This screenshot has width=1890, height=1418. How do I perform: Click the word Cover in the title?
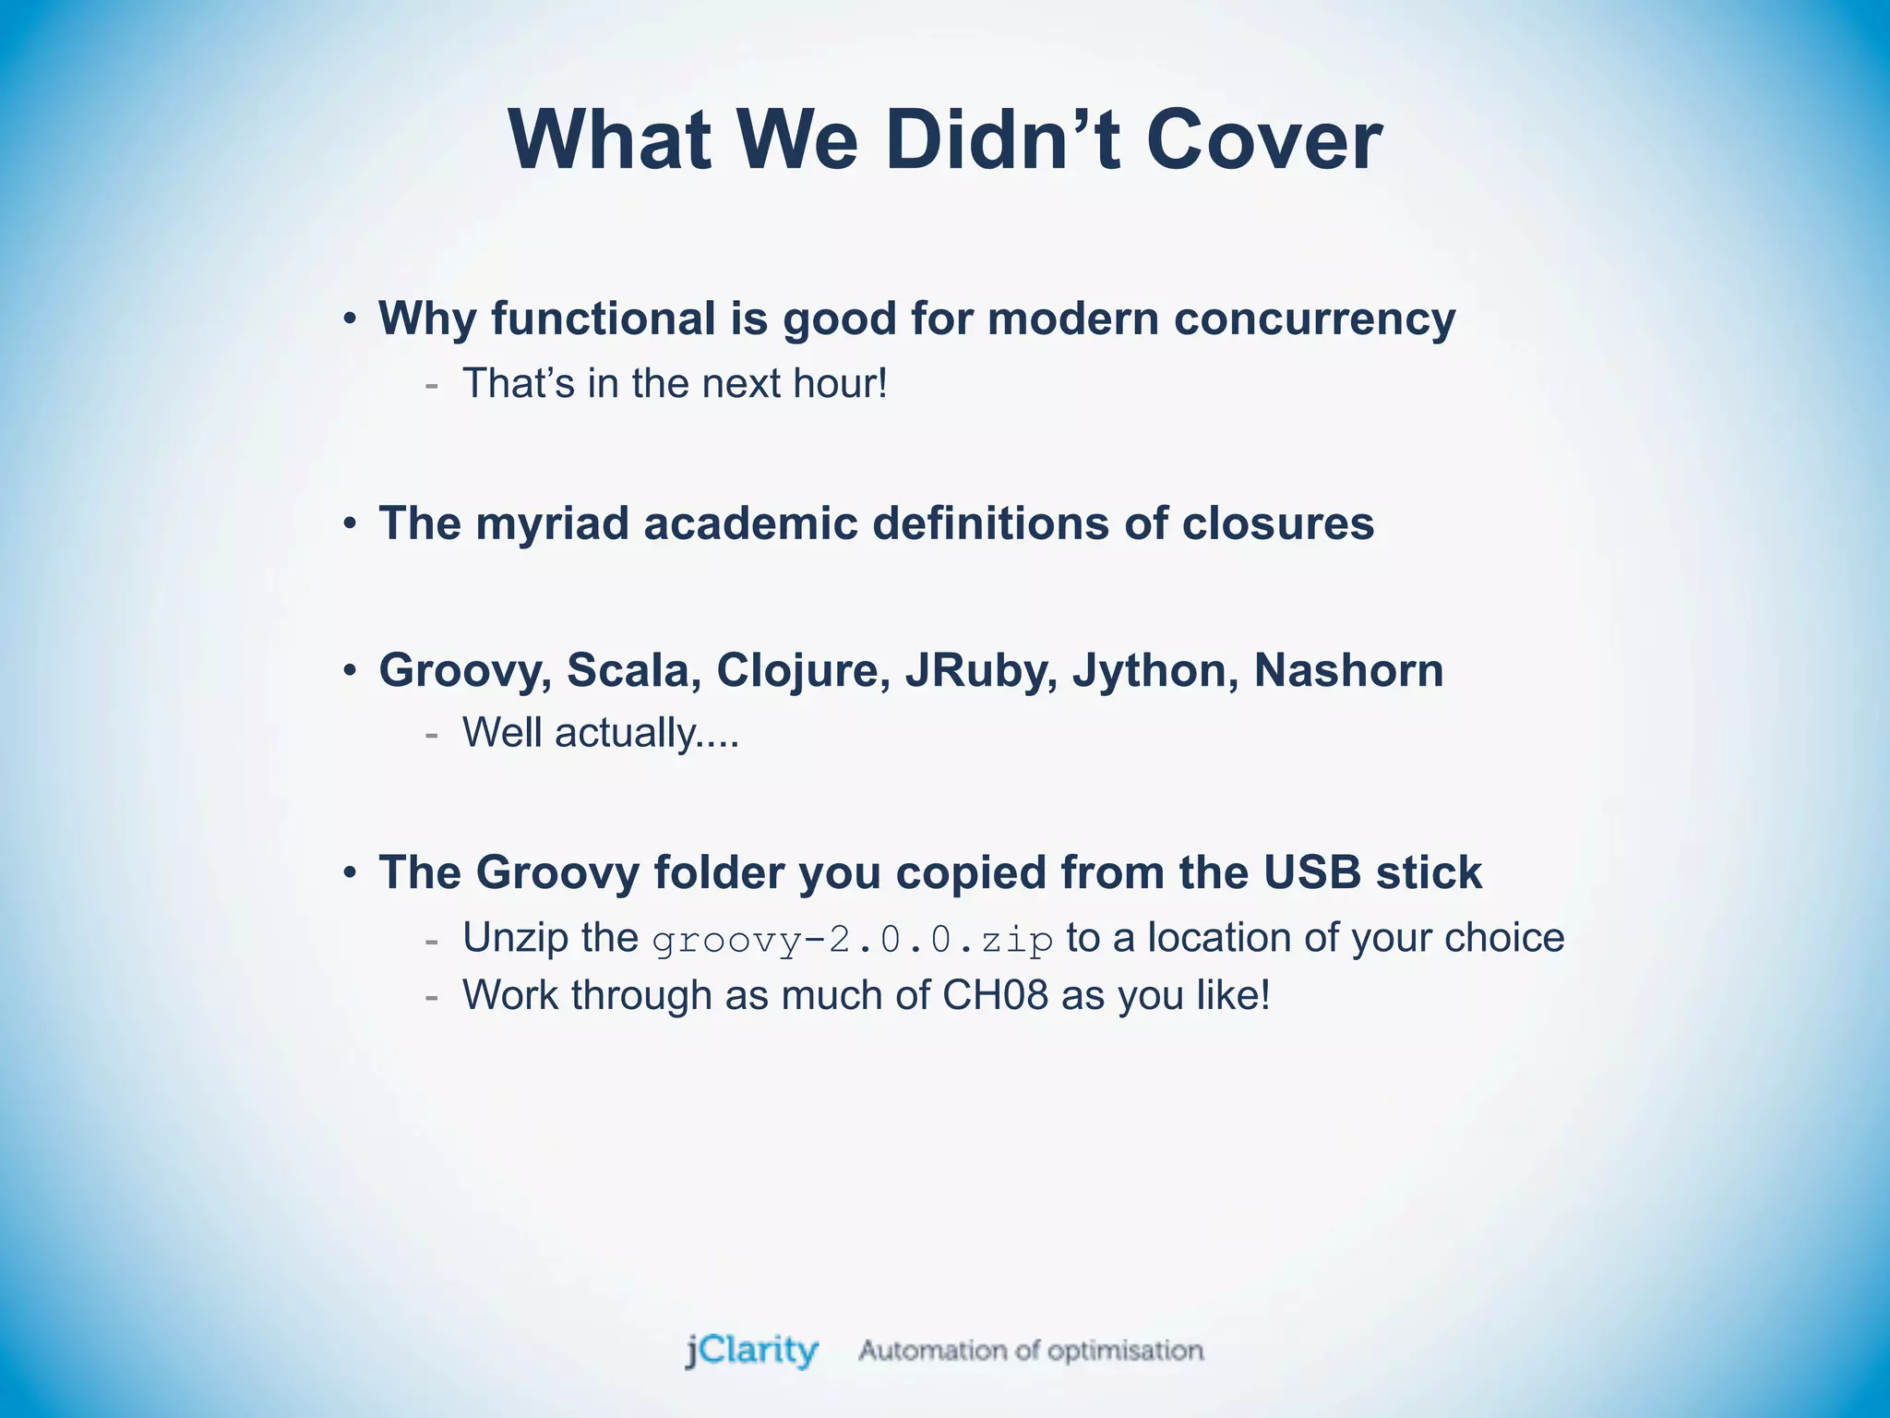[x=1263, y=141]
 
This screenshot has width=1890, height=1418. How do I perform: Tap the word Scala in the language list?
[x=628, y=670]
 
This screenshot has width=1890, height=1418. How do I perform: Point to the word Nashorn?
[x=1348, y=670]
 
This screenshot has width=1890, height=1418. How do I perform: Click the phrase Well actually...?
[x=600, y=734]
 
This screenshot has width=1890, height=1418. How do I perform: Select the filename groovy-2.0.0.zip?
[x=853, y=941]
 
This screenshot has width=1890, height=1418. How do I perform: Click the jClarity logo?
[x=751, y=1352]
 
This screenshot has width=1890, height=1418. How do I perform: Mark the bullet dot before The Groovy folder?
[x=350, y=873]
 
